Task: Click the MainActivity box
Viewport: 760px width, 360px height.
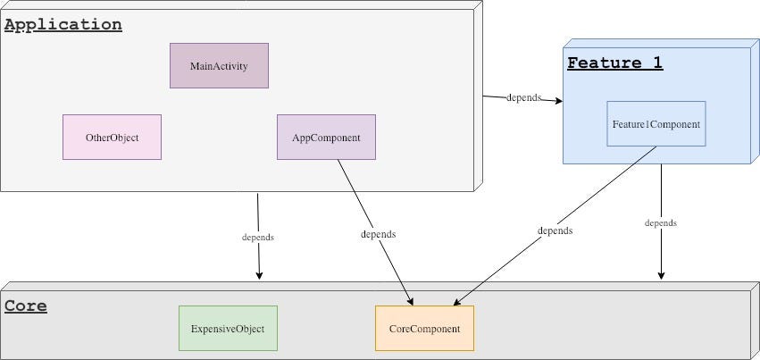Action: [x=219, y=66]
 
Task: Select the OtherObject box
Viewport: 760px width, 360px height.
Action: [x=112, y=138]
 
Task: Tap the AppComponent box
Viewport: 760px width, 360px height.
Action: [x=326, y=138]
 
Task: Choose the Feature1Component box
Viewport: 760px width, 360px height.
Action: [x=656, y=124]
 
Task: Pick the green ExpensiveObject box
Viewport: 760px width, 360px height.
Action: [x=228, y=329]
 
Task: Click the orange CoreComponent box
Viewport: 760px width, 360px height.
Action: [x=424, y=329]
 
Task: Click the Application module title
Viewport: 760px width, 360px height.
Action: [x=63, y=25]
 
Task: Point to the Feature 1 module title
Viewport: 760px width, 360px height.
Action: [x=614, y=63]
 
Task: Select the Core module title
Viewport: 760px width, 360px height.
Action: [x=26, y=306]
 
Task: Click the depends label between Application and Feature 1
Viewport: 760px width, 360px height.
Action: [x=523, y=97]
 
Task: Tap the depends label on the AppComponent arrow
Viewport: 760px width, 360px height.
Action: [x=378, y=234]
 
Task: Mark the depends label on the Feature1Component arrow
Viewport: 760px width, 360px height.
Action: [x=555, y=230]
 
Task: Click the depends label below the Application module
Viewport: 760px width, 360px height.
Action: [x=258, y=238]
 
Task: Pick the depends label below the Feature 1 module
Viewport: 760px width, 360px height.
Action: [x=661, y=222]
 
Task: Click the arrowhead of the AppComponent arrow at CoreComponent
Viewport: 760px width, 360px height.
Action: [x=410, y=300]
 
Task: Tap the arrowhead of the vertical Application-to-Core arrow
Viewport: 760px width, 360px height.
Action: [x=260, y=274]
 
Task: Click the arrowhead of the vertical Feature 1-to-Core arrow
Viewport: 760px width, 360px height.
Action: [x=661, y=274]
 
